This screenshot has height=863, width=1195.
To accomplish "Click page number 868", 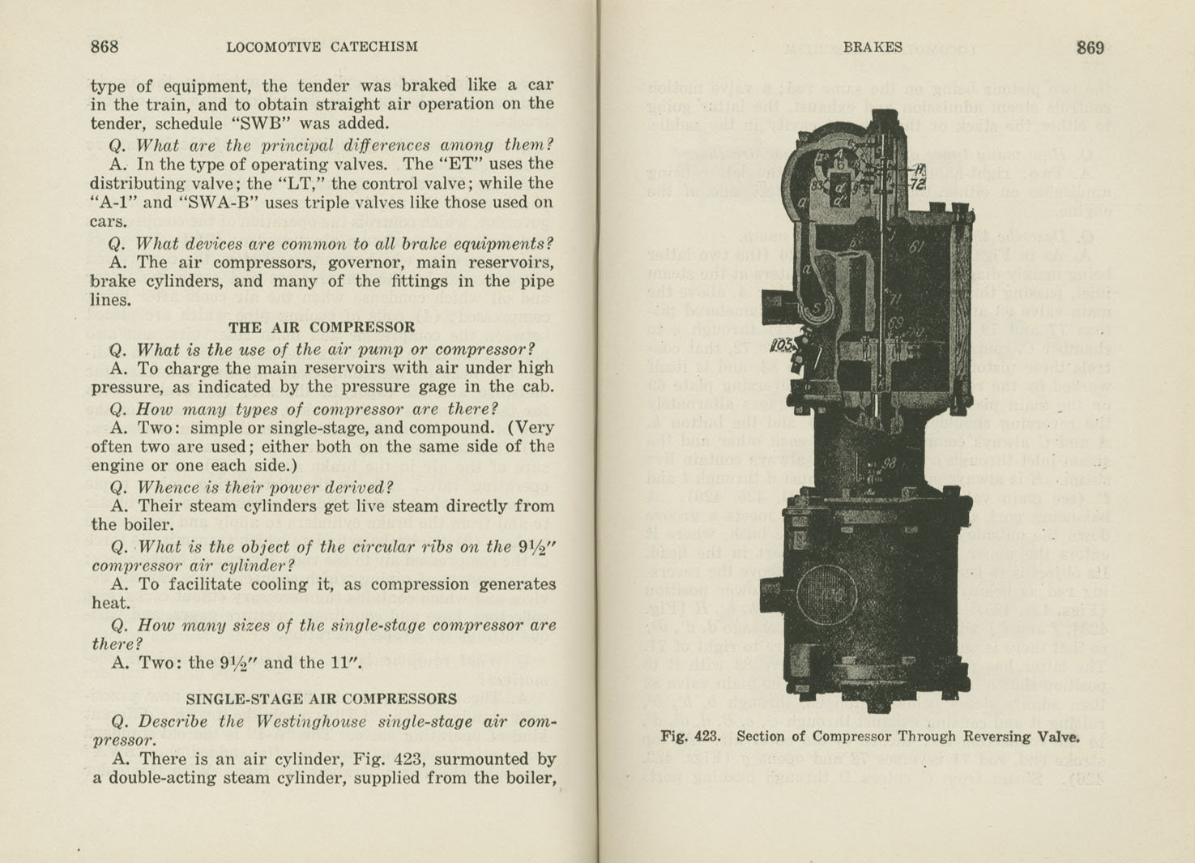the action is coord(105,47).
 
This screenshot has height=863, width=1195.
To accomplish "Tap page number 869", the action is coord(1090,48).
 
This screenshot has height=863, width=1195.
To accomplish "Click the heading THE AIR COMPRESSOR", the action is coord(321,327).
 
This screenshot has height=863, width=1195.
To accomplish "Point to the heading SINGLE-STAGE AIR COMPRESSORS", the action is coord(322,699).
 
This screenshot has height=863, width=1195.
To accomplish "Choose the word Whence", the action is coord(167,487).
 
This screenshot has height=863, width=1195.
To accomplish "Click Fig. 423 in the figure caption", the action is coord(690,737).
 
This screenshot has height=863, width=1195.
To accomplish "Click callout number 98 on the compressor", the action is coord(889,463).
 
